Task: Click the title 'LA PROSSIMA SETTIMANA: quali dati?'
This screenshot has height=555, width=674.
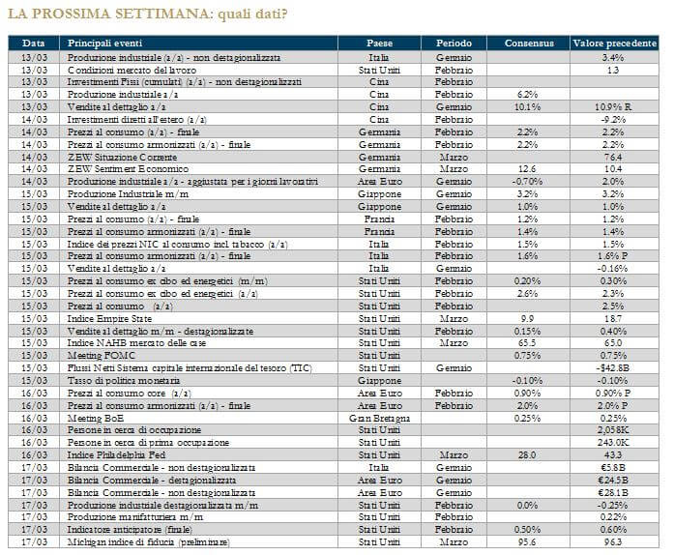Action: [x=147, y=14]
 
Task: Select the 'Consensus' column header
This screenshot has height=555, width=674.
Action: [x=527, y=44]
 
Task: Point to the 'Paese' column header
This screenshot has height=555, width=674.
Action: [x=379, y=44]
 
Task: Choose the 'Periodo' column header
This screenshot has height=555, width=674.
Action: [x=454, y=44]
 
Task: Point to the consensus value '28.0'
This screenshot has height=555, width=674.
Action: [x=527, y=453]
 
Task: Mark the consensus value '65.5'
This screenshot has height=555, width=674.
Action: [x=527, y=342]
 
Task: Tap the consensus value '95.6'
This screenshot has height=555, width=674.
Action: [x=527, y=540]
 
